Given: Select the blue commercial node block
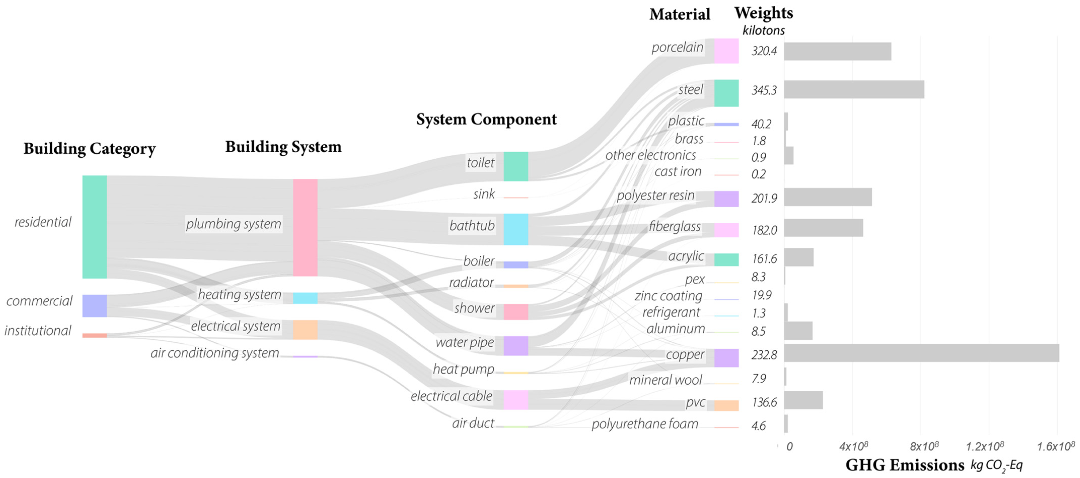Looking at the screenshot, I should (94, 306).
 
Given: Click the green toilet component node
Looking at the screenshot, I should (516, 166).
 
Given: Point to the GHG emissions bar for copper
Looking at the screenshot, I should (921, 353).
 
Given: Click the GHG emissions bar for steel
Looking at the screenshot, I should (854, 90).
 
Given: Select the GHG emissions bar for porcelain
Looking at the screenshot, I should (837, 51).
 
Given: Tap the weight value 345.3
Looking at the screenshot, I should (764, 90).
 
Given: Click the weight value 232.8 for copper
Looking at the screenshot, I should (764, 355).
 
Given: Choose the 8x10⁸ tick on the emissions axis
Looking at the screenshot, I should (923, 446).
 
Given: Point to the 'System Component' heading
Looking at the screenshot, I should (486, 119).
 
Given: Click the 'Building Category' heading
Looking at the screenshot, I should (89, 149).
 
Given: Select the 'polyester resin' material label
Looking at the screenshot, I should (655, 195).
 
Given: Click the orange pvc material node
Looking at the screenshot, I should (726, 405).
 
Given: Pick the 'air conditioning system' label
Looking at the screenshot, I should (215, 353).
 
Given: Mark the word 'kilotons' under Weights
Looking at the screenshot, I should (764, 30).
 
